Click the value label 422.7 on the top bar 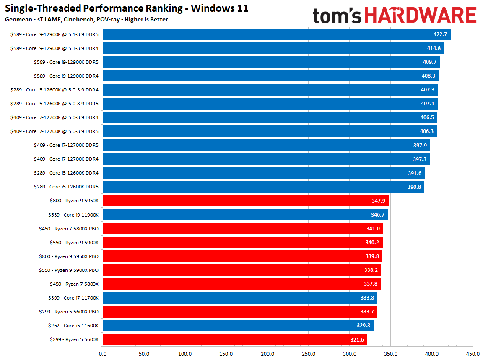(x=440, y=34)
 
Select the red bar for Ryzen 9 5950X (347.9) (x=246, y=201)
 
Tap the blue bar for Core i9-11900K (x=245, y=214)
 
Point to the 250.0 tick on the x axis (x=308, y=354)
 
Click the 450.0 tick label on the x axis (x=473, y=354)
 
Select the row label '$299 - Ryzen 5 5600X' (x=74, y=339)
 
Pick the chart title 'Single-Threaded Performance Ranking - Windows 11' (x=127, y=8)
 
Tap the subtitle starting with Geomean (x=86, y=19)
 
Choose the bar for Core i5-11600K (x=238, y=326)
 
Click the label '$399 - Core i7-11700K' (x=74, y=298)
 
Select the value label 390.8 (x=414, y=187)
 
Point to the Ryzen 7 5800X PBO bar (x=243, y=228)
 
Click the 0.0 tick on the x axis (x=103, y=354)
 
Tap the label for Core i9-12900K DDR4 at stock (x=66, y=76)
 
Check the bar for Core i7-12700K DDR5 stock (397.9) (x=266, y=145)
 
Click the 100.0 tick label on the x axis (x=185, y=354)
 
